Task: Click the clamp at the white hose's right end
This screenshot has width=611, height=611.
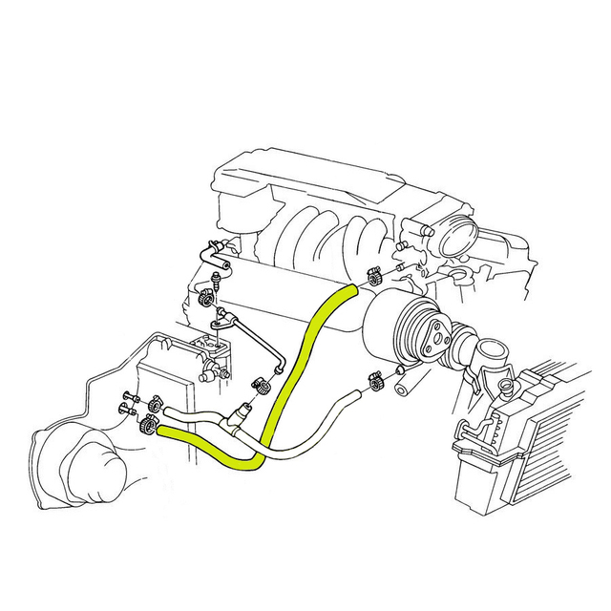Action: [x=374, y=383]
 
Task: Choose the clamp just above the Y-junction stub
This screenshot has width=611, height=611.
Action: [x=258, y=388]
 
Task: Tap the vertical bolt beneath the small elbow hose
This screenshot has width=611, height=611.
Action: [x=218, y=281]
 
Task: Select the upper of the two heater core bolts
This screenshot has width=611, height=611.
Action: [x=130, y=396]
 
